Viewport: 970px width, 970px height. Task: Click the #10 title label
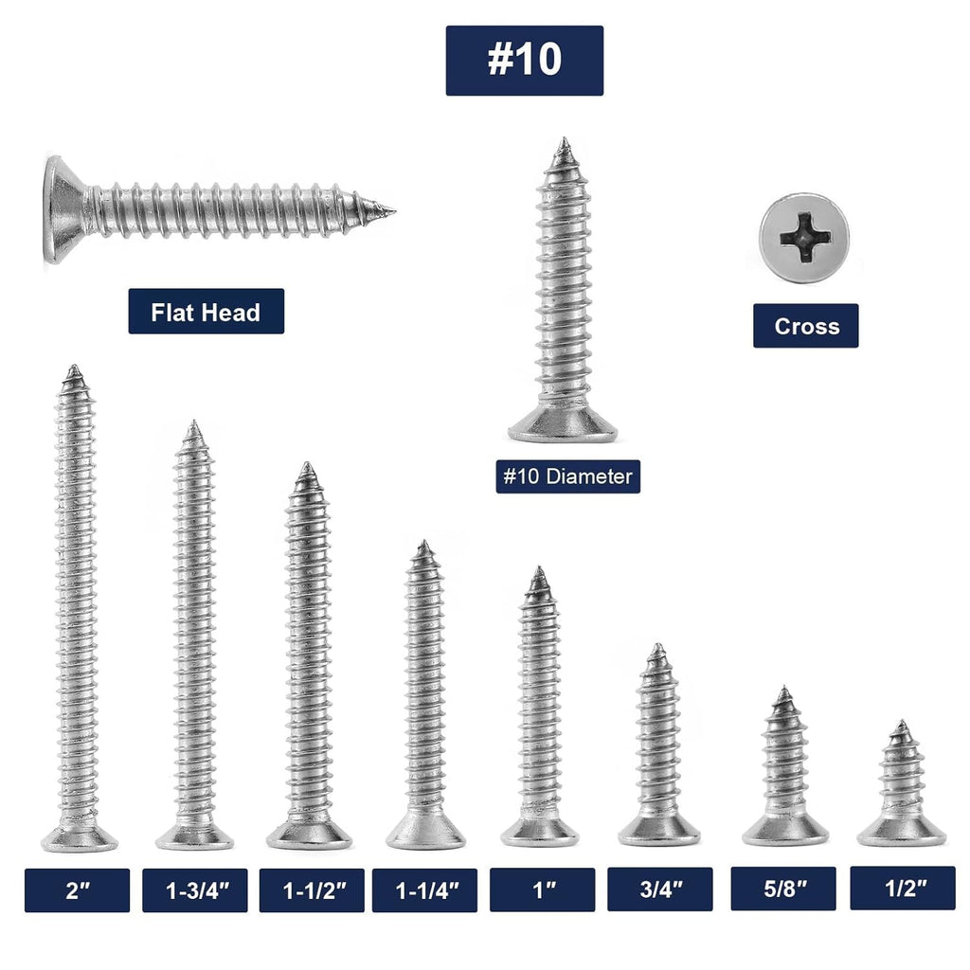pyautogui.click(x=524, y=60)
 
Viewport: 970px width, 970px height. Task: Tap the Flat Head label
pyautogui.click(x=206, y=312)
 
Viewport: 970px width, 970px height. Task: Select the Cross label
pyautogui.click(x=805, y=326)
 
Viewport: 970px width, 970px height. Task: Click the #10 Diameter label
pyautogui.click(x=567, y=476)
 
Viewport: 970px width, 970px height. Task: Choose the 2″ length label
pyautogui.click(x=77, y=890)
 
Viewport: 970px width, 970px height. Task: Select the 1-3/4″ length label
pyautogui.click(x=194, y=890)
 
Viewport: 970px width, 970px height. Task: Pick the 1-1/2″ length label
pyautogui.click(x=311, y=890)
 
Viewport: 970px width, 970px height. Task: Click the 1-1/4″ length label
pyautogui.click(x=424, y=890)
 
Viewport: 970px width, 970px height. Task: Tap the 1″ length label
pyautogui.click(x=542, y=890)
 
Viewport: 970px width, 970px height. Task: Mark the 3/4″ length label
pyautogui.click(x=659, y=890)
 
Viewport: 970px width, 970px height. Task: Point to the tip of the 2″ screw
pyautogui.click(x=73, y=370)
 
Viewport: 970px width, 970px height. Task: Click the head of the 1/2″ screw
pyautogui.click(x=901, y=831)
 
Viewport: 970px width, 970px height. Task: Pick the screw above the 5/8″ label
pyautogui.click(x=784, y=767)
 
